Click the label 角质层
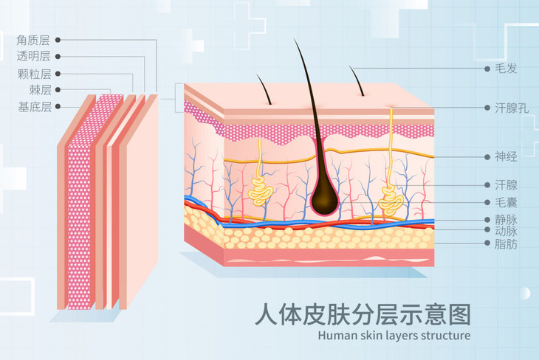34,39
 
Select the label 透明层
34,56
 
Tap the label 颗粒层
34,73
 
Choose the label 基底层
34,107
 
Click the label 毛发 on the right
506,69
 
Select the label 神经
506,156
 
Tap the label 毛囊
506,201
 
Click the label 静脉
506,219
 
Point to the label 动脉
506,231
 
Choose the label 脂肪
506,243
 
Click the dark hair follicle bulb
323,196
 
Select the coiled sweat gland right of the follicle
391,199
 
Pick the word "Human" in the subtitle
337,336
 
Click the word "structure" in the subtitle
444,336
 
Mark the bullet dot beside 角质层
58,39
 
